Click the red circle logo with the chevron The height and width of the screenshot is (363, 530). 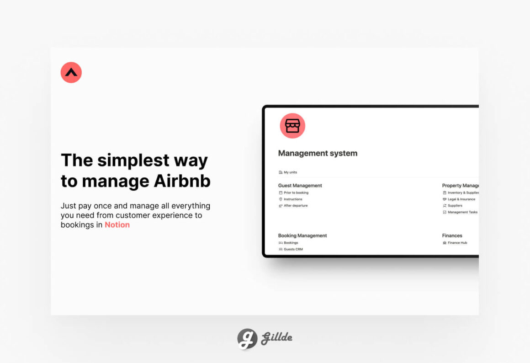(x=71, y=72)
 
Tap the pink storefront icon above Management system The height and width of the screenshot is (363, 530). (x=292, y=126)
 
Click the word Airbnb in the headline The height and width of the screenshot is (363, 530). (x=182, y=181)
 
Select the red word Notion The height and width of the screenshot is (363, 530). (x=117, y=224)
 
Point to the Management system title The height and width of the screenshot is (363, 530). (x=318, y=153)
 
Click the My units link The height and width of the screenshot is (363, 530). (x=288, y=172)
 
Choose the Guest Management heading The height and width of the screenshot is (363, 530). (x=300, y=186)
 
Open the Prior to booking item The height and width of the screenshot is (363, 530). (x=293, y=192)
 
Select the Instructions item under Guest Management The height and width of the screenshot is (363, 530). (x=290, y=199)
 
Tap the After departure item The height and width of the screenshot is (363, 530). (x=293, y=205)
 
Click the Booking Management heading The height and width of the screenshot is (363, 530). (x=302, y=235)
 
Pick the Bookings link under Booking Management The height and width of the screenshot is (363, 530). (x=288, y=243)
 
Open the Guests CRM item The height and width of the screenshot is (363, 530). (x=291, y=249)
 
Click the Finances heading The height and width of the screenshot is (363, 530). (x=452, y=235)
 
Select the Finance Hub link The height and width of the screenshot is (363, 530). (x=455, y=243)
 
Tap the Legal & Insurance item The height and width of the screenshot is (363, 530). (x=459, y=199)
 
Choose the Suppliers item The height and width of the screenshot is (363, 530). (x=452, y=205)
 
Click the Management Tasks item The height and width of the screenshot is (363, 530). (x=460, y=212)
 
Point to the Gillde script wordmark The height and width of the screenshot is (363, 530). (x=277, y=337)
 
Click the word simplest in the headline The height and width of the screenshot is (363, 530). (x=133, y=160)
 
